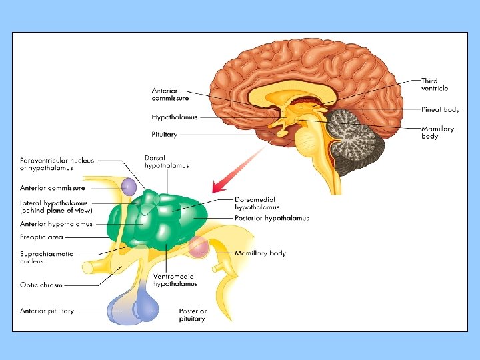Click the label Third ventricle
[435, 84]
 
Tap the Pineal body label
[440, 109]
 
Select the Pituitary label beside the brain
[164, 134]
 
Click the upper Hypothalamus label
[174, 117]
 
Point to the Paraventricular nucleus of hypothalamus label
[57, 164]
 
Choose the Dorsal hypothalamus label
[166, 161]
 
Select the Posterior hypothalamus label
[271, 218]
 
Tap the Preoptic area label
[41, 236]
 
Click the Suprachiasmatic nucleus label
[46, 257]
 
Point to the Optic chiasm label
[41, 285]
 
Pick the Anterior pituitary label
[47, 311]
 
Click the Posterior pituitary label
[193, 315]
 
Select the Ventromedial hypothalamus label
[175, 280]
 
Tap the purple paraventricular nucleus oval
[128, 186]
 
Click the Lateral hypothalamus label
[55, 207]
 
